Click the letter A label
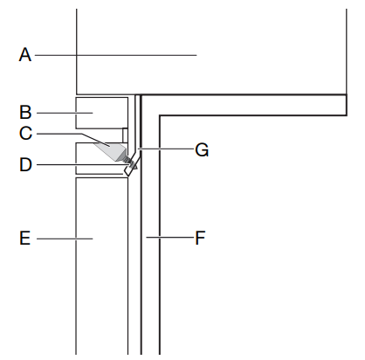click(25, 55)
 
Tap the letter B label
click(25, 112)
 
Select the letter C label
click(25, 134)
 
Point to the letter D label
click(25, 164)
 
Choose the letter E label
click(25, 238)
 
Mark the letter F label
click(200, 238)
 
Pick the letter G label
click(202, 150)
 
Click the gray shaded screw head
click(111, 150)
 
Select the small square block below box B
click(125, 135)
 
